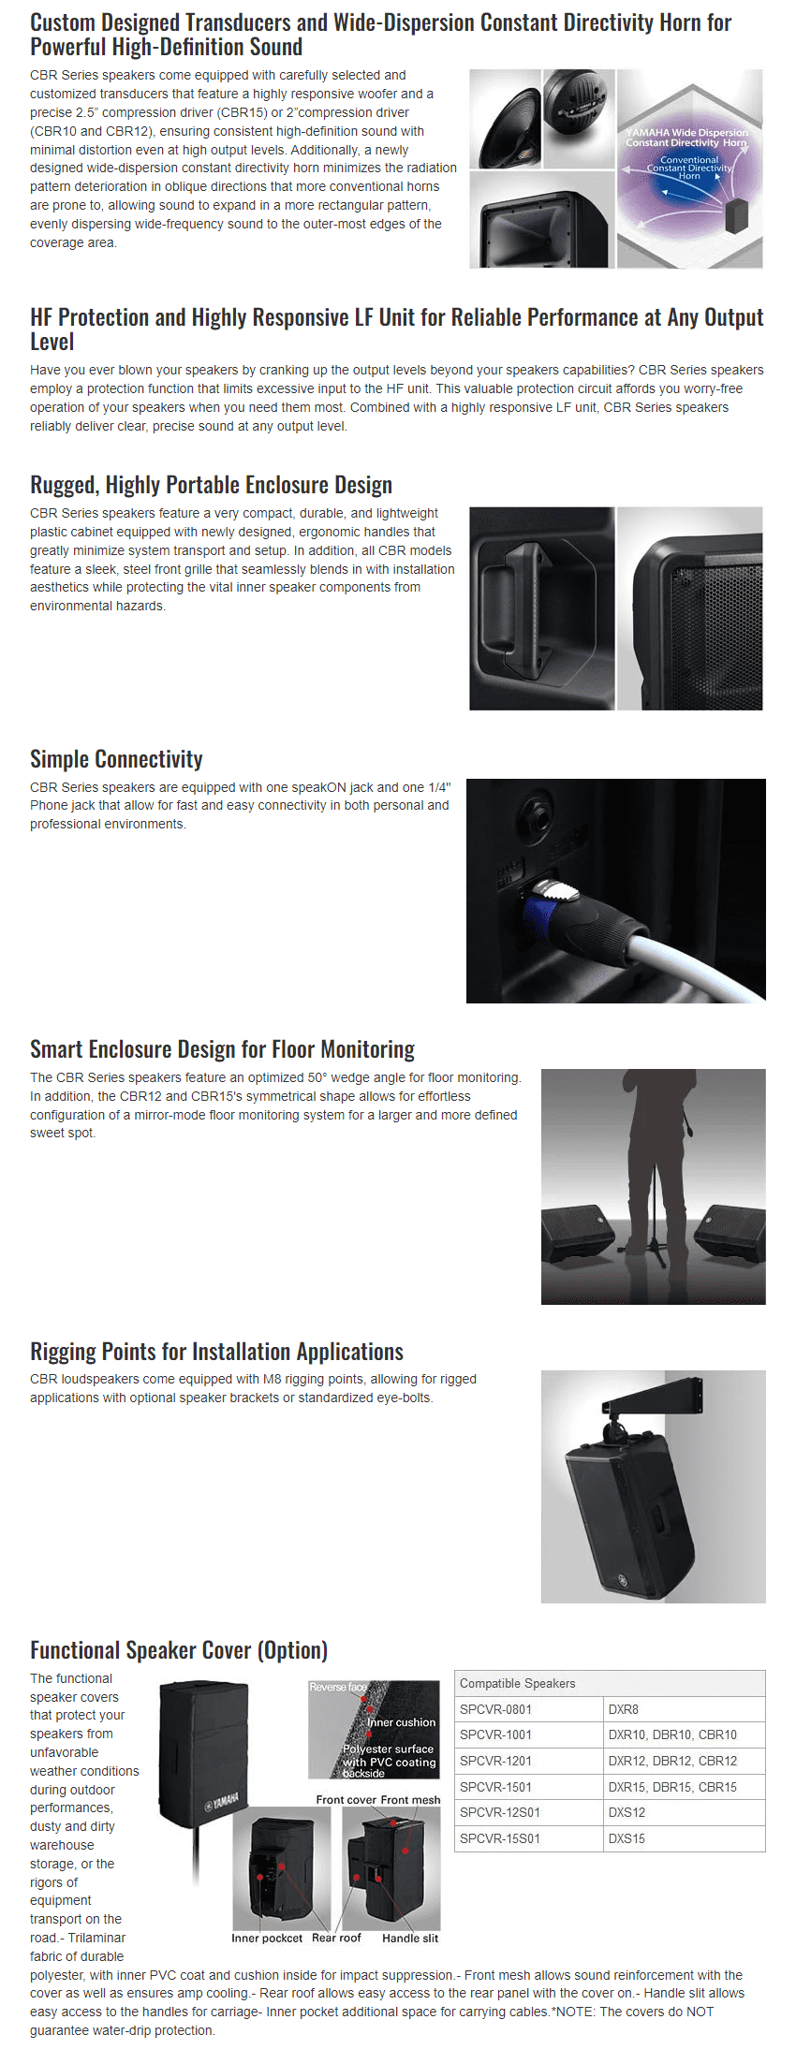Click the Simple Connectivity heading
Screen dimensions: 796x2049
tap(116, 759)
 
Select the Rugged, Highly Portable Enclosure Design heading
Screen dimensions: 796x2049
tap(211, 485)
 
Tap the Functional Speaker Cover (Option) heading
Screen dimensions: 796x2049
tap(179, 1649)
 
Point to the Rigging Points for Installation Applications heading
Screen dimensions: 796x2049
tap(216, 1352)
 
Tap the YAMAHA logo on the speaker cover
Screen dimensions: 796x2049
tap(223, 1801)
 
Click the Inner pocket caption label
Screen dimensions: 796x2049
tap(267, 1938)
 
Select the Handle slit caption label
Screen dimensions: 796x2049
tap(410, 1938)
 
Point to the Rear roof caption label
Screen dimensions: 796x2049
tap(336, 1938)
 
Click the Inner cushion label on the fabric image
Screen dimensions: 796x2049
tap(402, 1722)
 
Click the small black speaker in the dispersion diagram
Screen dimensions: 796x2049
tap(737, 215)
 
